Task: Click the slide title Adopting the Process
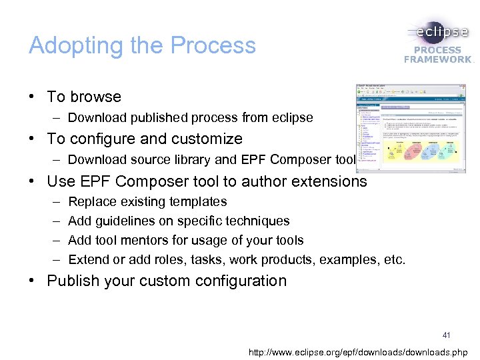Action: tap(142, 45)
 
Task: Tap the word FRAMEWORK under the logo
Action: tap(437, 59)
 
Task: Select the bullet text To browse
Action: tap(84, 97)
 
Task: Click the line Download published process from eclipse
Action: tap(190, 118)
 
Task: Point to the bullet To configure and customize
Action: tap(145, 139)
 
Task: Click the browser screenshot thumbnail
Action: tap(411, 128)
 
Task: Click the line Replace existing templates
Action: tap(147, 201)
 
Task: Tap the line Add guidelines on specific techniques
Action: tap(179, 221)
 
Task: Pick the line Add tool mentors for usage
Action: tap(186, 240)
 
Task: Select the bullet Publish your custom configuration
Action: tap(167, 281)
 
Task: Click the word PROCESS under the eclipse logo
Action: tap(437, 50)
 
